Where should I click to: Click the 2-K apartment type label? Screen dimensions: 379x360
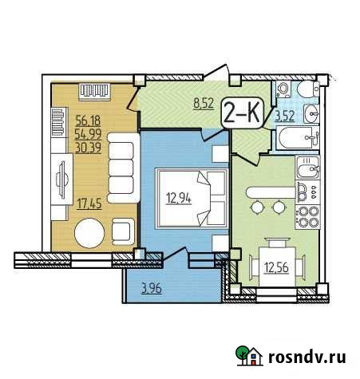(x=243, y=111)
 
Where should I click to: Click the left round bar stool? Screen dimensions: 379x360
(x=259, y=207)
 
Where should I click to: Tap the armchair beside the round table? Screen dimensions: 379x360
(x=125, y=231)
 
